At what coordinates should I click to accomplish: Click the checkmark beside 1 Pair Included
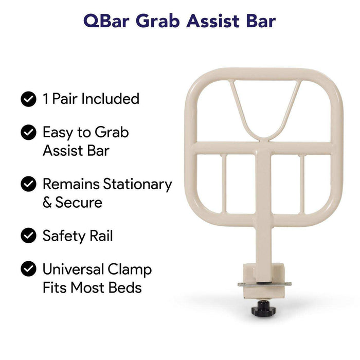[28, 98]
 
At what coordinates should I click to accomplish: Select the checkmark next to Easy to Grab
[28, 132]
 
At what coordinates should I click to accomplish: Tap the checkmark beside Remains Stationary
[28, 184]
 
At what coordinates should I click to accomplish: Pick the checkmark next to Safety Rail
[28, 236]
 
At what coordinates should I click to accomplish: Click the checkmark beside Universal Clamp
[28, 269]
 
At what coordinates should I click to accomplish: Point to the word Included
[111, 98]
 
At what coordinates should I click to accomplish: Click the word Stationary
[137, 184]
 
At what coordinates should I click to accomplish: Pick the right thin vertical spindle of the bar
[304, 185]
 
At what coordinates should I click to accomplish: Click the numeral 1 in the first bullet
[45, 98]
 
